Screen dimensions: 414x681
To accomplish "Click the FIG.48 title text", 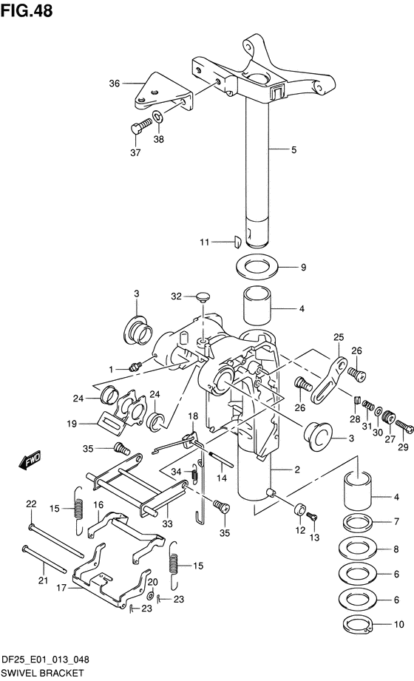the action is pos(27,10).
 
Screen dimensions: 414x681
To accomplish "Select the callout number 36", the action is pos(115,83).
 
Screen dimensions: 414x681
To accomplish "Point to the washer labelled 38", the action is pos(157,116).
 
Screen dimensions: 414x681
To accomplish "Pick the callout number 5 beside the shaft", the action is pos(294,150).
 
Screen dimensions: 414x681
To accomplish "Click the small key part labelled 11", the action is pos(237,242).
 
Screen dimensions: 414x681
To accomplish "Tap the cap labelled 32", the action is pos(203,297).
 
